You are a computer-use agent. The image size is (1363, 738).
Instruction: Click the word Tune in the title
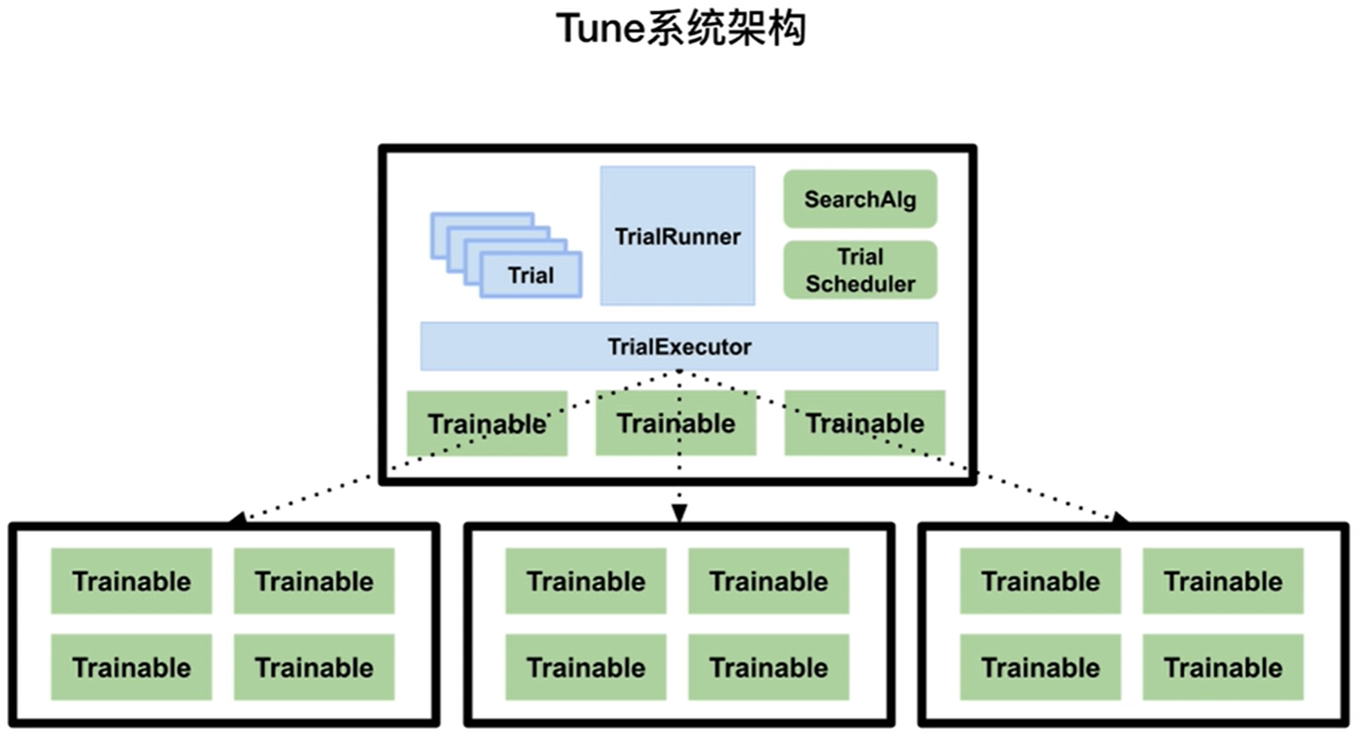[599, 29]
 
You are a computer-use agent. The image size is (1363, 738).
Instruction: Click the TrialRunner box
[677, 235]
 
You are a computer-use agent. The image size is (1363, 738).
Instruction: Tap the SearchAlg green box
[860, 199]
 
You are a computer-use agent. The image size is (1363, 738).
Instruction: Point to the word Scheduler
[860, 284]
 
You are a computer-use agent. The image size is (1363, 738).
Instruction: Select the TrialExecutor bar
[679, 347]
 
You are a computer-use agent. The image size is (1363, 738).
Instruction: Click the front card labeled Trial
[531, 275]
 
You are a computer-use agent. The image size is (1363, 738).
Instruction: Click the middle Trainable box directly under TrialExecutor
[675, 423]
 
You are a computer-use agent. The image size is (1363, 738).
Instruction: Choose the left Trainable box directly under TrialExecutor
[487, 423]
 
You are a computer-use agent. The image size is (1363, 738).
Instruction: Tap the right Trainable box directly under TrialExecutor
[865, 423]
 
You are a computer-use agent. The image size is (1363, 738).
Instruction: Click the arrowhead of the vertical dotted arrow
[679, 513]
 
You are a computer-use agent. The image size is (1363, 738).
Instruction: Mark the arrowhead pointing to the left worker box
[236, 517]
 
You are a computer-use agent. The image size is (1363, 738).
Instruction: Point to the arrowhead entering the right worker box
[1120, 517]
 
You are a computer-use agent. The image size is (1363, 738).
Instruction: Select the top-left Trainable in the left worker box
[132, 581]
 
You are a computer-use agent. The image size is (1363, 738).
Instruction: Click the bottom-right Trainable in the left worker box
[314, 667]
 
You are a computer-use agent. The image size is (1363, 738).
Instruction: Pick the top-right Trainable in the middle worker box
[769, 581]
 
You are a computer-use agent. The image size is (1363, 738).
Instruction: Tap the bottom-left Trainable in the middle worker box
[586, 667]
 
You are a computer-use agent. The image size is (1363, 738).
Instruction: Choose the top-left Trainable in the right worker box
[1041, 581]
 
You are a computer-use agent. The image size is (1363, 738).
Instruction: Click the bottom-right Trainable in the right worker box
[1223, 667]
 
